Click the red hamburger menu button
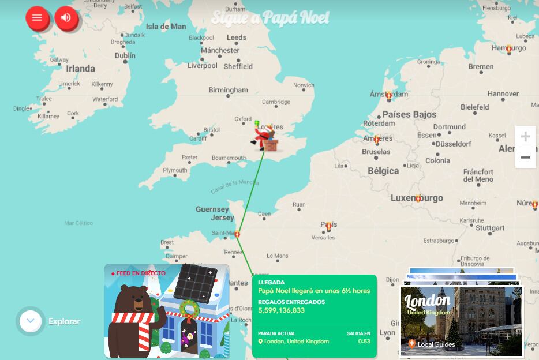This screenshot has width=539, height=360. [37, 18]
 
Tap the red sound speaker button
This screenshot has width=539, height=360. [66, 18]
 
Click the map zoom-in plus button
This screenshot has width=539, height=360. [525, 137]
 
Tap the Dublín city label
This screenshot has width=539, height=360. [125, 56]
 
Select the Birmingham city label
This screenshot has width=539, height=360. [228, 90]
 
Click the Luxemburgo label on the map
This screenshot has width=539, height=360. [417, 198]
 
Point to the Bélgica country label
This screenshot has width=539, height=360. [383, 171]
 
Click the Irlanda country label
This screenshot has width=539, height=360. [80, 69]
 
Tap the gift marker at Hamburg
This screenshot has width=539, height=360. [508, 49]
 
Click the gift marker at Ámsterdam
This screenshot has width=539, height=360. [389, 95]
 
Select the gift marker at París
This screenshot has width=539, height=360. [328, 226]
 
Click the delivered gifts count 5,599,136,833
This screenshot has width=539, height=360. [281, 310]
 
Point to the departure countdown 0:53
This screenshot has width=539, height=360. [364, 341]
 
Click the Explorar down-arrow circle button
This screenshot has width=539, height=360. [31, 321]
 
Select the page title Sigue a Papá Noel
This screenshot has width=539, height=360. [270, 18]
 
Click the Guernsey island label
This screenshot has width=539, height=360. [212, 209]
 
